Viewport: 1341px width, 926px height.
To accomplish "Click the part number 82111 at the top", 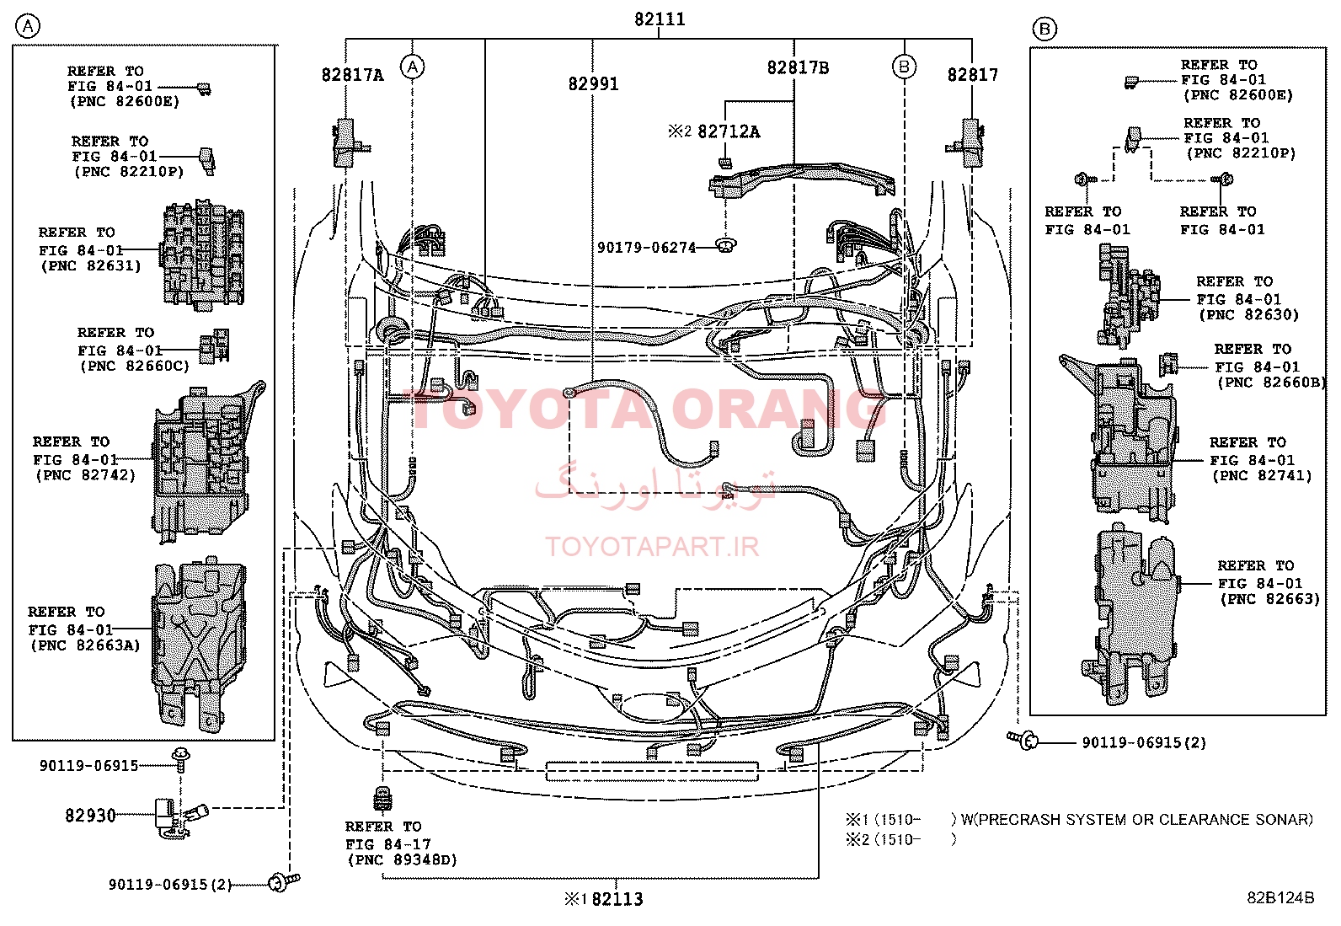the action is (660, 19).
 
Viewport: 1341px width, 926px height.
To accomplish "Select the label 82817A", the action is (353, 75).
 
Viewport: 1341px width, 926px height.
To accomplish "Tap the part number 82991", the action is (593, 84).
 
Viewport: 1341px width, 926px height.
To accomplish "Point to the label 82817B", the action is (798, 67).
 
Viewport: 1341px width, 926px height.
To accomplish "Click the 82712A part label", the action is (729, 131).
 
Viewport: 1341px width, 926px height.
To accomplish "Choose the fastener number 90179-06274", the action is (647, 248).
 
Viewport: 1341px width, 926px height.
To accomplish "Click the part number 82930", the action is (90, 815).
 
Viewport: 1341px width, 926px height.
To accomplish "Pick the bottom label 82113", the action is (617, 899).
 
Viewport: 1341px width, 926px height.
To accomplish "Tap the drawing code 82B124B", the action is (1280, 897).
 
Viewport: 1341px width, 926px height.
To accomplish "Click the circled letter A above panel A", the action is (28, 26).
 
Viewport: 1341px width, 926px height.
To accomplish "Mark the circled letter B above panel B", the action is (1044, 29).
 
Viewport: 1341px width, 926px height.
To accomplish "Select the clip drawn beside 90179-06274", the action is (726, 244).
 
